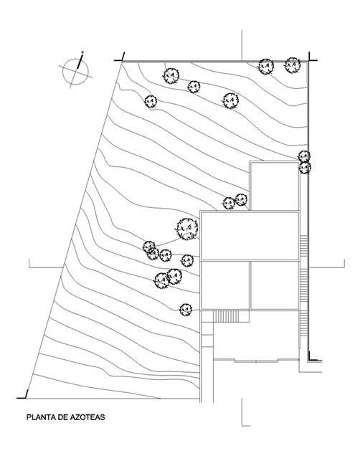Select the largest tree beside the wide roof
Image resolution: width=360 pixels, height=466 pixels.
pyautogui.click(x=187, y=229)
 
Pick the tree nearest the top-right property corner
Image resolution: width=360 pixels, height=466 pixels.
pyautogui.click(x=293, y=65)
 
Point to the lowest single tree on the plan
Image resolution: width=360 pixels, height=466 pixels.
pyautogui.click(x=186, y=310)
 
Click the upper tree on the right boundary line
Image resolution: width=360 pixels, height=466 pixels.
pyautogui.click(x=304, y=156)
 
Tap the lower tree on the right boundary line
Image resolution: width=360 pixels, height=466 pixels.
pyautogui.click(x=305, y=168)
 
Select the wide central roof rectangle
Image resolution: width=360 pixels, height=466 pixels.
pyautogui.click(x=250, y=236)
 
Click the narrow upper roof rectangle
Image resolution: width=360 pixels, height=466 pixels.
pyautogui.click(x=275, y=186)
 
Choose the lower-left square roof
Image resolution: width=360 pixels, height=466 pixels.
pyautogui.click(x=224, y=285)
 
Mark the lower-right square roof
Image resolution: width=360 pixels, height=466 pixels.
pyautogui.click(x=275, y=285)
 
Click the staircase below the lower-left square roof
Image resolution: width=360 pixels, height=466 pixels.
pyautogui.click(x=226, y=316)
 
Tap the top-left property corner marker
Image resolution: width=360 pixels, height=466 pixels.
pyautogui.click(x=120, y=57)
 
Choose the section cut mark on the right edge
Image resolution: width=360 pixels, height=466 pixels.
pyautogui.click(x=327, y=267)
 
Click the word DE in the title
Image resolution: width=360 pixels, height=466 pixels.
pyautogui.click(x=62, y=417)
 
